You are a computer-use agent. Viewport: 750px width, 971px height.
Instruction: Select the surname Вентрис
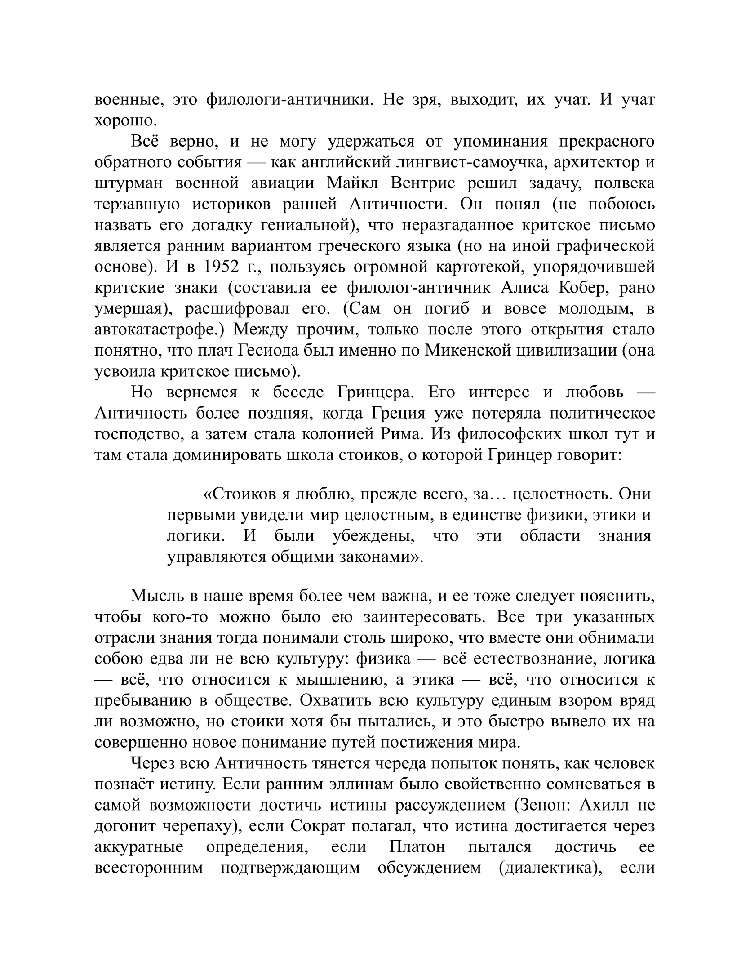[x=423, y=183]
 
